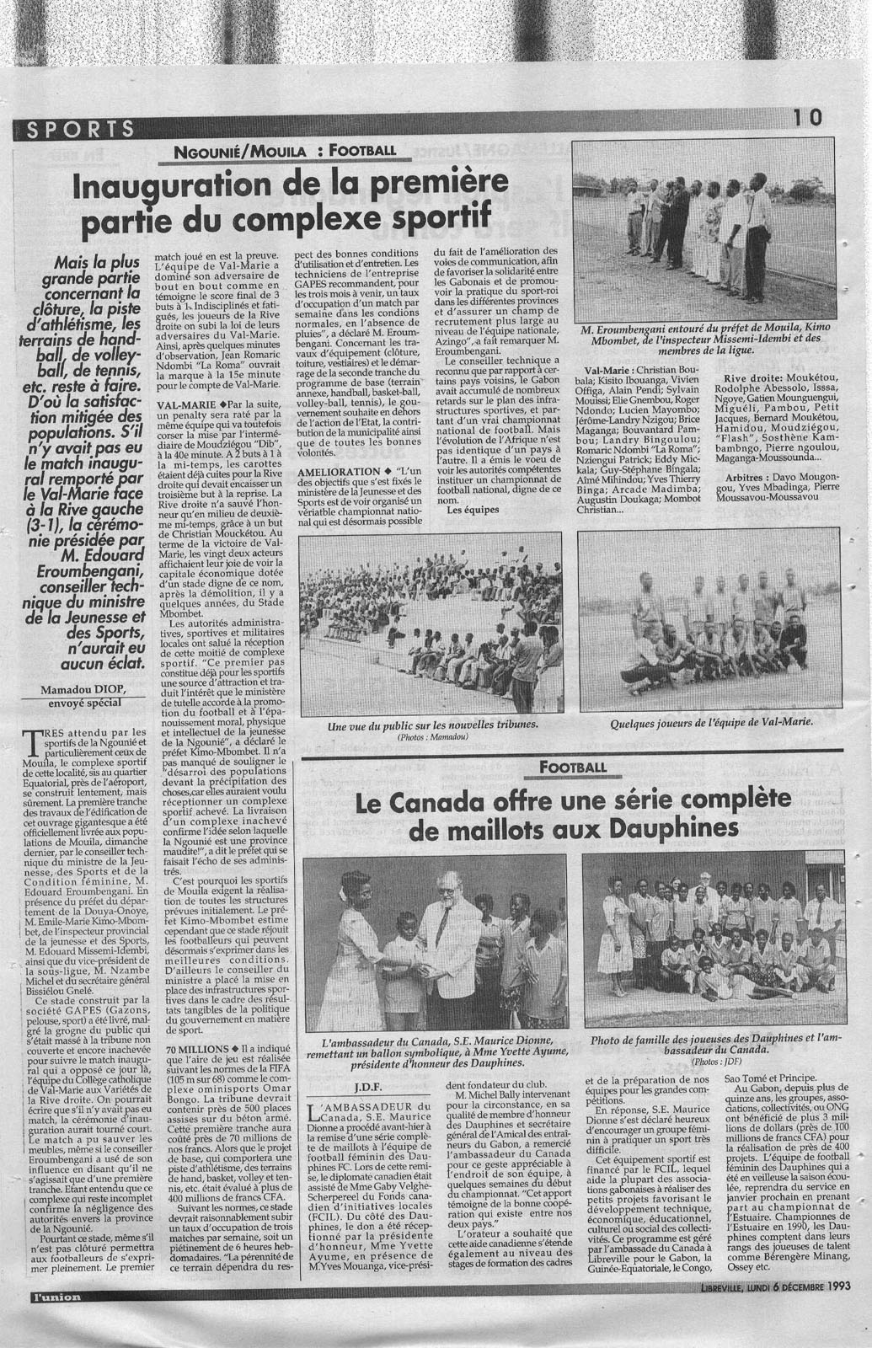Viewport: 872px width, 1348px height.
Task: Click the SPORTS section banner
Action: (x=81, y=129)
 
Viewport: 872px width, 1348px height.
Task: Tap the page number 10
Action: (x=807, y=119)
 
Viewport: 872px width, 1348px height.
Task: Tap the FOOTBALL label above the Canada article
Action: (x=575, y=767)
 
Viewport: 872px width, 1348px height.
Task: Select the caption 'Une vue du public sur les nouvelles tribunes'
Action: (x=432, y=723)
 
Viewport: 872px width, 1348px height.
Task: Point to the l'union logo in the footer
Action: (x=53, y=1319)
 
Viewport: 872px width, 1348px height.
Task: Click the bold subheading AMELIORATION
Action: (x=331, y=470)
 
